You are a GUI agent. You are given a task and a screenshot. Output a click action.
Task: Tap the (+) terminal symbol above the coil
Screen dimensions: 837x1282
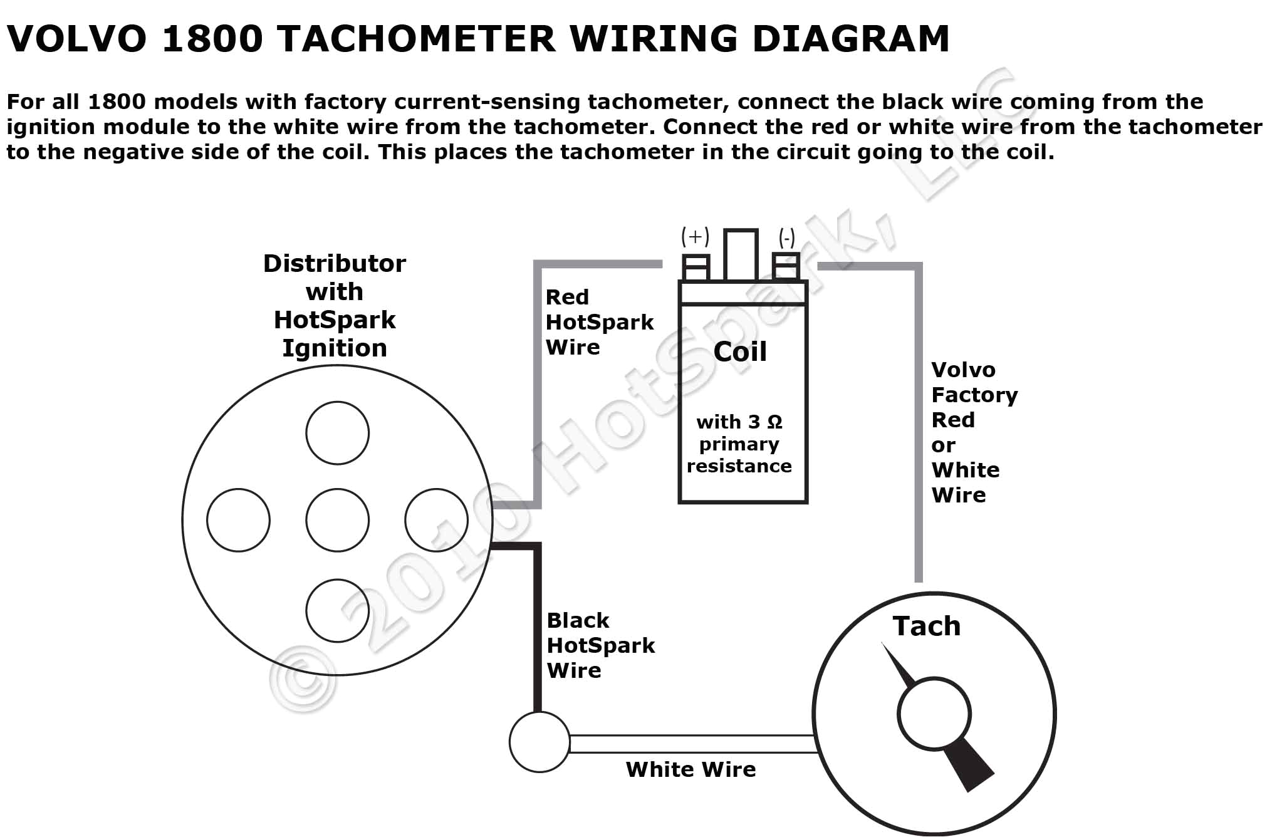[695, 237]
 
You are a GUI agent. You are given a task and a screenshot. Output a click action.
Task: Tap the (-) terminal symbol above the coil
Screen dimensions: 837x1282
[786, 238]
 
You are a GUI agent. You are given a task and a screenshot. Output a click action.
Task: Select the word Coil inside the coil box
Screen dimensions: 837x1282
[740, 352]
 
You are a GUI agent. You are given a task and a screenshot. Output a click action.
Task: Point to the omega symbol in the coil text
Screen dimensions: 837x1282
[775, 422]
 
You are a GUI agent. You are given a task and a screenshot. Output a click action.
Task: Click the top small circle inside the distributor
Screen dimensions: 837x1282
[337, 433]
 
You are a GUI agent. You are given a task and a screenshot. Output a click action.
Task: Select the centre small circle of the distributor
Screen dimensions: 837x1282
[337, 520]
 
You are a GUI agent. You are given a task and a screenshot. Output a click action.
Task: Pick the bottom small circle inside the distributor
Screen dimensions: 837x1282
[337, 611]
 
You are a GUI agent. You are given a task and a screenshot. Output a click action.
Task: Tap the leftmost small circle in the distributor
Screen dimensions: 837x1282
[238, 520]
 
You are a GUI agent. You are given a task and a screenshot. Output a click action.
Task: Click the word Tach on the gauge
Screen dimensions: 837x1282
[926, 626]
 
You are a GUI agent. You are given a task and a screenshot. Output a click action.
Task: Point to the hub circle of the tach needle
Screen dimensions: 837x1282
[934, 714]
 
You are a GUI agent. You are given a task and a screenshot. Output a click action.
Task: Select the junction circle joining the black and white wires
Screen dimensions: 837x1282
[539, 742]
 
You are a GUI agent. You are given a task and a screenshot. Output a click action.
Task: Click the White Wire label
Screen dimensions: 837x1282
[691, 769]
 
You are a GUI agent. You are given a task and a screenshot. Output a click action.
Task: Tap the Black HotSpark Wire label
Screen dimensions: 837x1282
[600, 645]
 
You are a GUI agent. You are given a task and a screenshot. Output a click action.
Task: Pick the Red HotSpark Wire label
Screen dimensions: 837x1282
[599, 322]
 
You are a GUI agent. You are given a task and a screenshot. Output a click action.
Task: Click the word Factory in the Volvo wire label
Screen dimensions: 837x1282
[974, 395]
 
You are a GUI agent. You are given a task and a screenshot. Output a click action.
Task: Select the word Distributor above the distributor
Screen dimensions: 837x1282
[334, 264]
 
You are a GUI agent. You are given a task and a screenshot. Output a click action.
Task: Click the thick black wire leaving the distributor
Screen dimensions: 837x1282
[537, 626]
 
